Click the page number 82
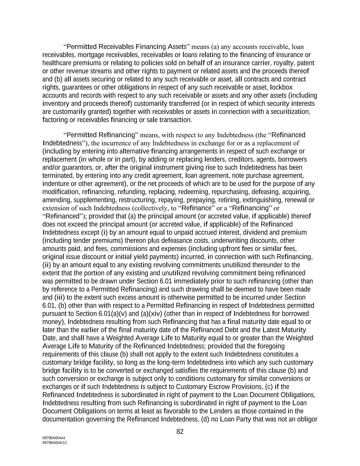click(x=180, y=432)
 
